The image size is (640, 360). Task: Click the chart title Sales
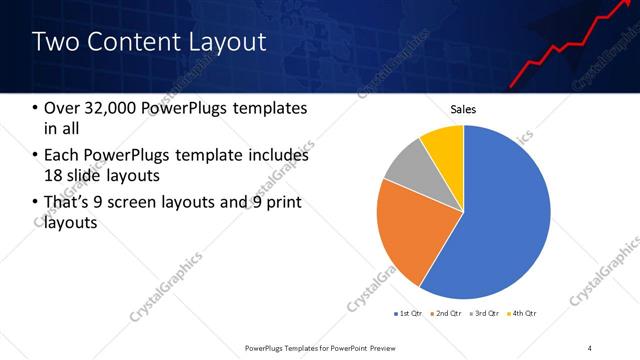(463, 109)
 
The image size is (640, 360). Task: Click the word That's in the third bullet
(69, 203)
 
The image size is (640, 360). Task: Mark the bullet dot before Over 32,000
(36, 108)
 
